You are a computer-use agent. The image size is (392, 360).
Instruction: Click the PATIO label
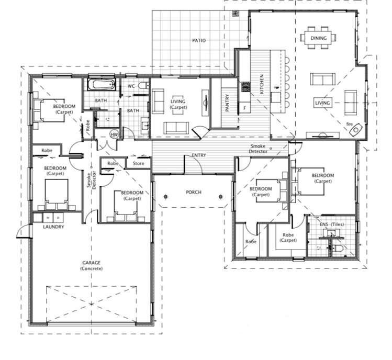click(198, 40)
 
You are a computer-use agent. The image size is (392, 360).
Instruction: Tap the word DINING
click(319, 38)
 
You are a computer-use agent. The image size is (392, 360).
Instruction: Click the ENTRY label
click(199, 156)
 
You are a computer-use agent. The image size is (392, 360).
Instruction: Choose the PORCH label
click(194, 193)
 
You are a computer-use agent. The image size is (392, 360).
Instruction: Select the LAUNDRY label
click(53, 227)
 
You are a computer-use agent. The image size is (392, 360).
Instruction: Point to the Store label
click(138, 163)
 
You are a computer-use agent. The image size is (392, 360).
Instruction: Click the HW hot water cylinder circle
click(114, 134)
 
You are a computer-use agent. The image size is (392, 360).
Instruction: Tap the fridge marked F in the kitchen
click(245, 108)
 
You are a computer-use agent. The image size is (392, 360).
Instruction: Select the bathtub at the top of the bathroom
click(100, 84)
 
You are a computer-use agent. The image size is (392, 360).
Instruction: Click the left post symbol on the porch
click(166, 197)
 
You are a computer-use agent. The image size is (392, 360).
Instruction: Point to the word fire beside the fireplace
click(350, 124)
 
